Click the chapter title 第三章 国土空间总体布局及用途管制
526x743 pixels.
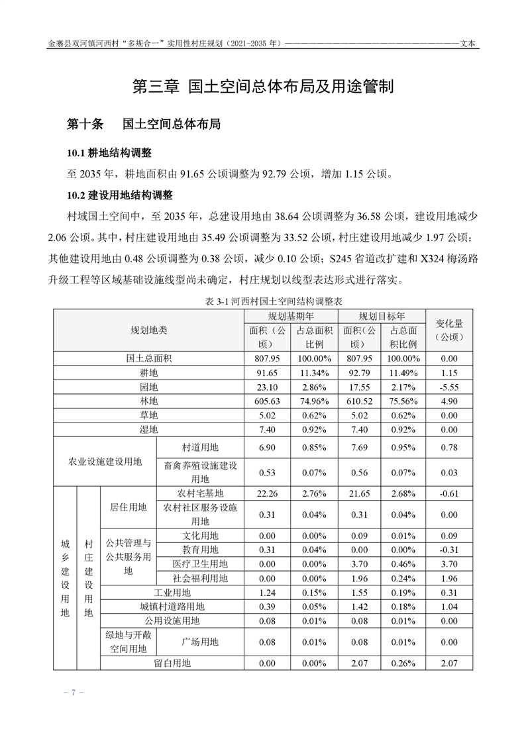[x=263, y=86]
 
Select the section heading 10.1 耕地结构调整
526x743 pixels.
[x=109, y=154]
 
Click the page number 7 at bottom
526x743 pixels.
[x=74, y=692]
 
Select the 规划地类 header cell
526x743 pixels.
[x=149, y=329]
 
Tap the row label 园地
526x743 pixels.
[x=149, y=387]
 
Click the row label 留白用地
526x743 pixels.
[x=172, y=662]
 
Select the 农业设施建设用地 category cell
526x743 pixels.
[x=105, y=462]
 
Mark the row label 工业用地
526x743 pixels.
[x=172, y=592]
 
